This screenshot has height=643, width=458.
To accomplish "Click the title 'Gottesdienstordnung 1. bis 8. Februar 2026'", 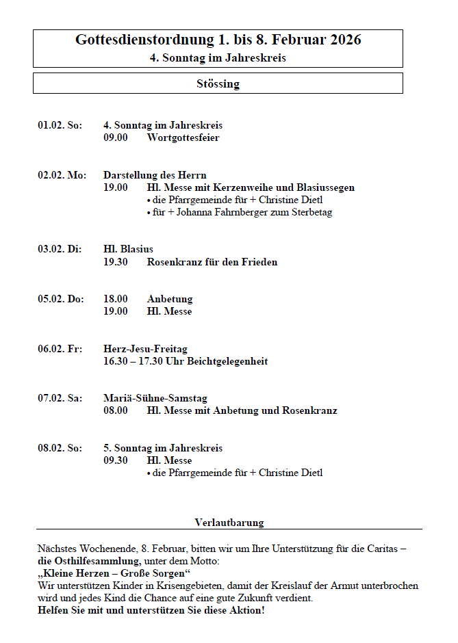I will coord(218,40).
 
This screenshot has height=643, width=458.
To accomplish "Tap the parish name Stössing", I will coord(218,84).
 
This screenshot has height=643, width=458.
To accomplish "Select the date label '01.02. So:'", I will coord(60,125).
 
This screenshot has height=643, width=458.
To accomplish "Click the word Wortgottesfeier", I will coord(183,137).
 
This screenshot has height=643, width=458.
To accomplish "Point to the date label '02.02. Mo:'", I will coord(62,175).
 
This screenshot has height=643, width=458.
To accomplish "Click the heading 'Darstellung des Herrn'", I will coord(155,175).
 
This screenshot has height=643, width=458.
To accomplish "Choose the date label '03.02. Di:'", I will coord(60,250).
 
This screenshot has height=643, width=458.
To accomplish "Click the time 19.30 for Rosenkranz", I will coord(116,262).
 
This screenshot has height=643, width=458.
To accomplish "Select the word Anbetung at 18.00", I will coord(170,299).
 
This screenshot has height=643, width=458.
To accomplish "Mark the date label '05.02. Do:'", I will coord(60,299).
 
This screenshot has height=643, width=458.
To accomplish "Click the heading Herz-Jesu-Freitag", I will coord(145,349).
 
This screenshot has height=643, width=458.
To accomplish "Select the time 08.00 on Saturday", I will coord(116,410).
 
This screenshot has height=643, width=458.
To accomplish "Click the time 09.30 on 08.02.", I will coord(116,460).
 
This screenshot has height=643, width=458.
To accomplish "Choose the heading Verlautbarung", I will coord(229,523).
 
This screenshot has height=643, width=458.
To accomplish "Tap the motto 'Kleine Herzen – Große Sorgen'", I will coord(114,573).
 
